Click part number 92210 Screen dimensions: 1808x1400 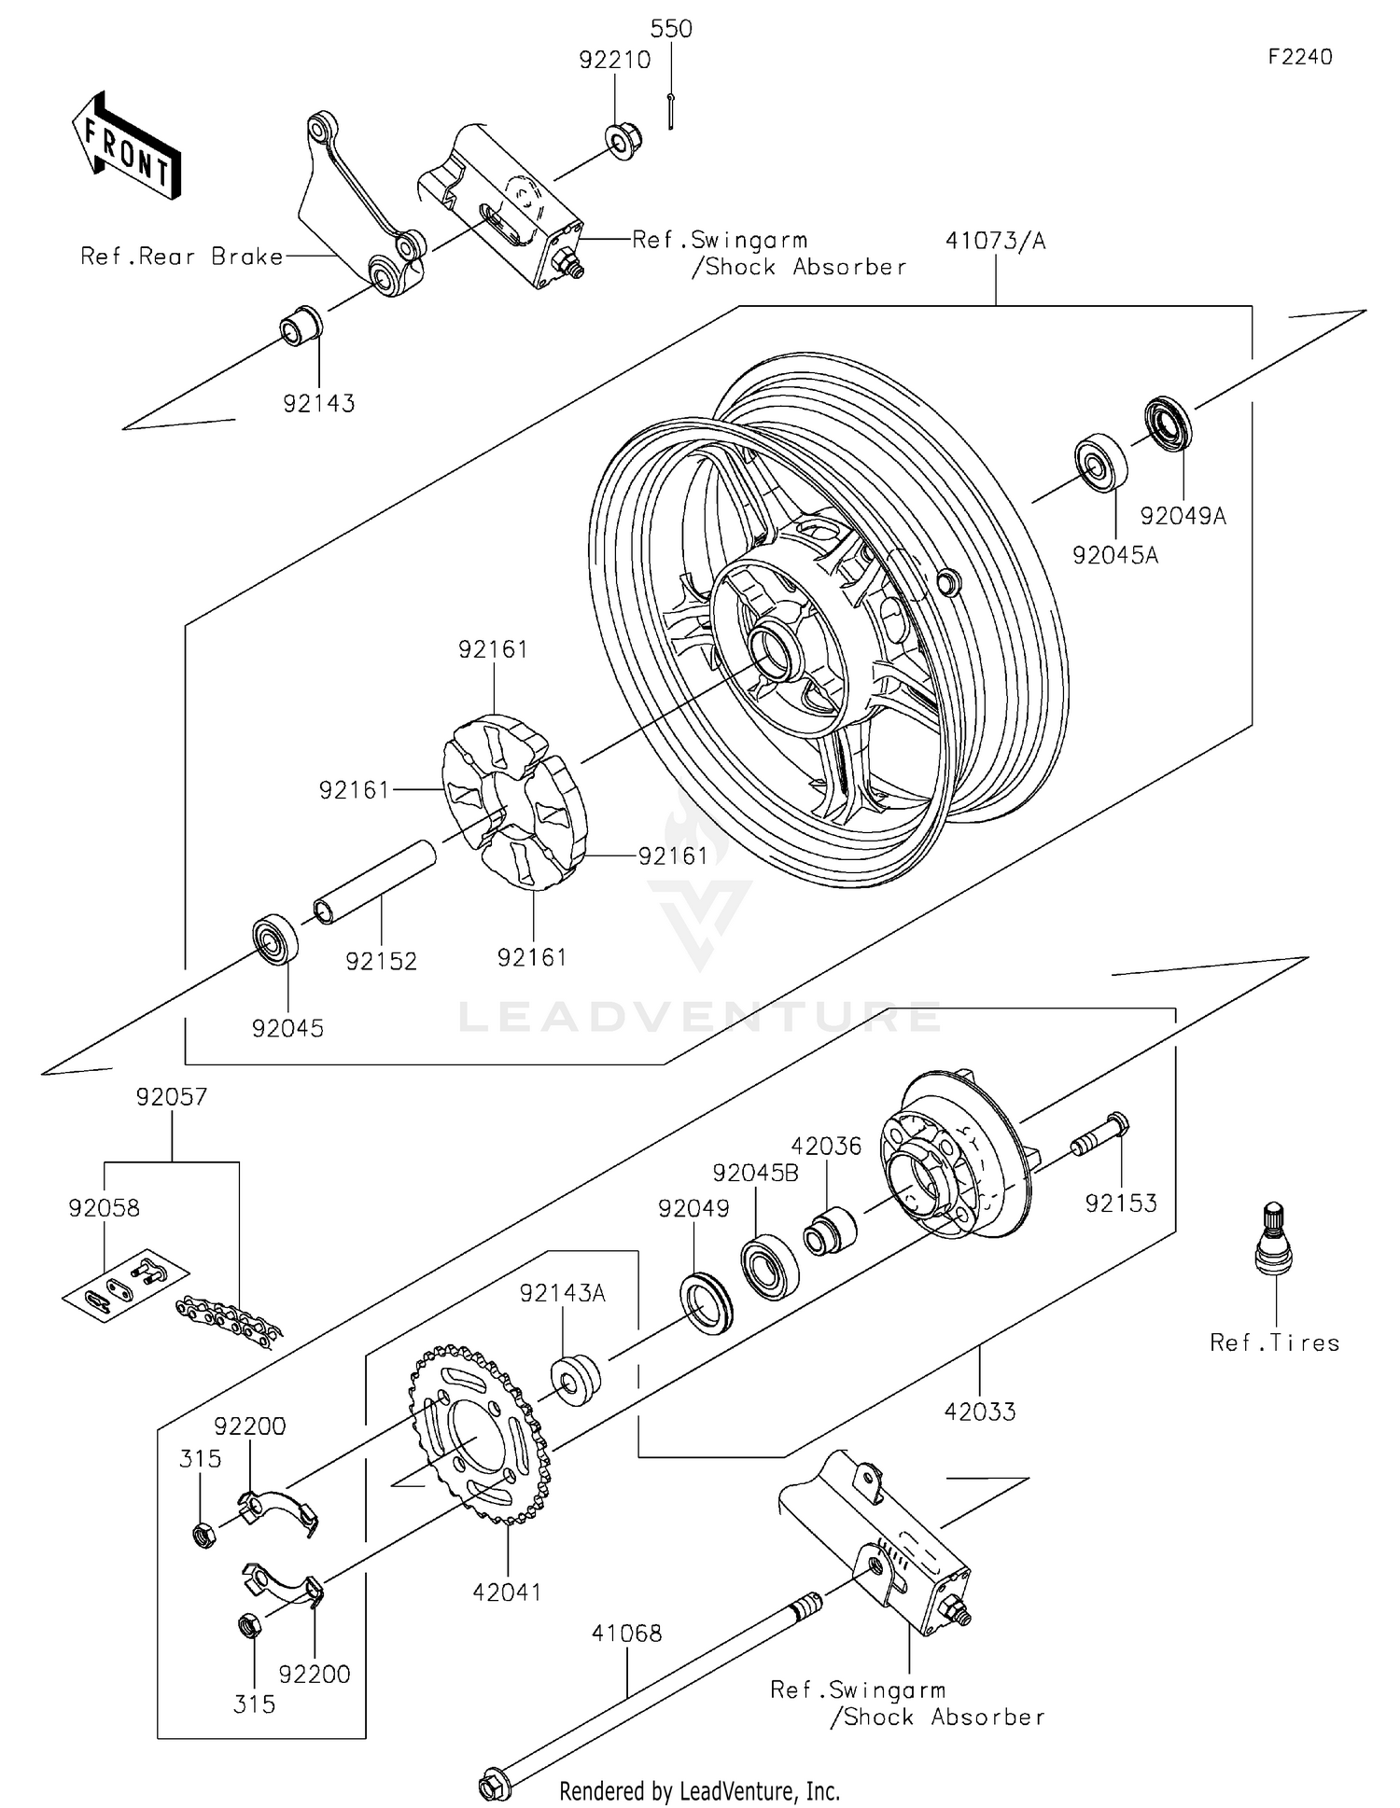[614, 61]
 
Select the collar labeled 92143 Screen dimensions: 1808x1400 [301, 326]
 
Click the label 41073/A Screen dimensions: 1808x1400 [995, 241]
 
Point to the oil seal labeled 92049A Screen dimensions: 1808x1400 [1168, 424]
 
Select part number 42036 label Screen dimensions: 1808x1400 [826, 1146]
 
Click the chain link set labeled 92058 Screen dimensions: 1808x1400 [126, 1283]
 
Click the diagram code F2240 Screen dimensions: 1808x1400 [1300, 57]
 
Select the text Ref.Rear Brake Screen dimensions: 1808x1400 [182, 257]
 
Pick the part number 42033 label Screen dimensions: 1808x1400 [979, 1412]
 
